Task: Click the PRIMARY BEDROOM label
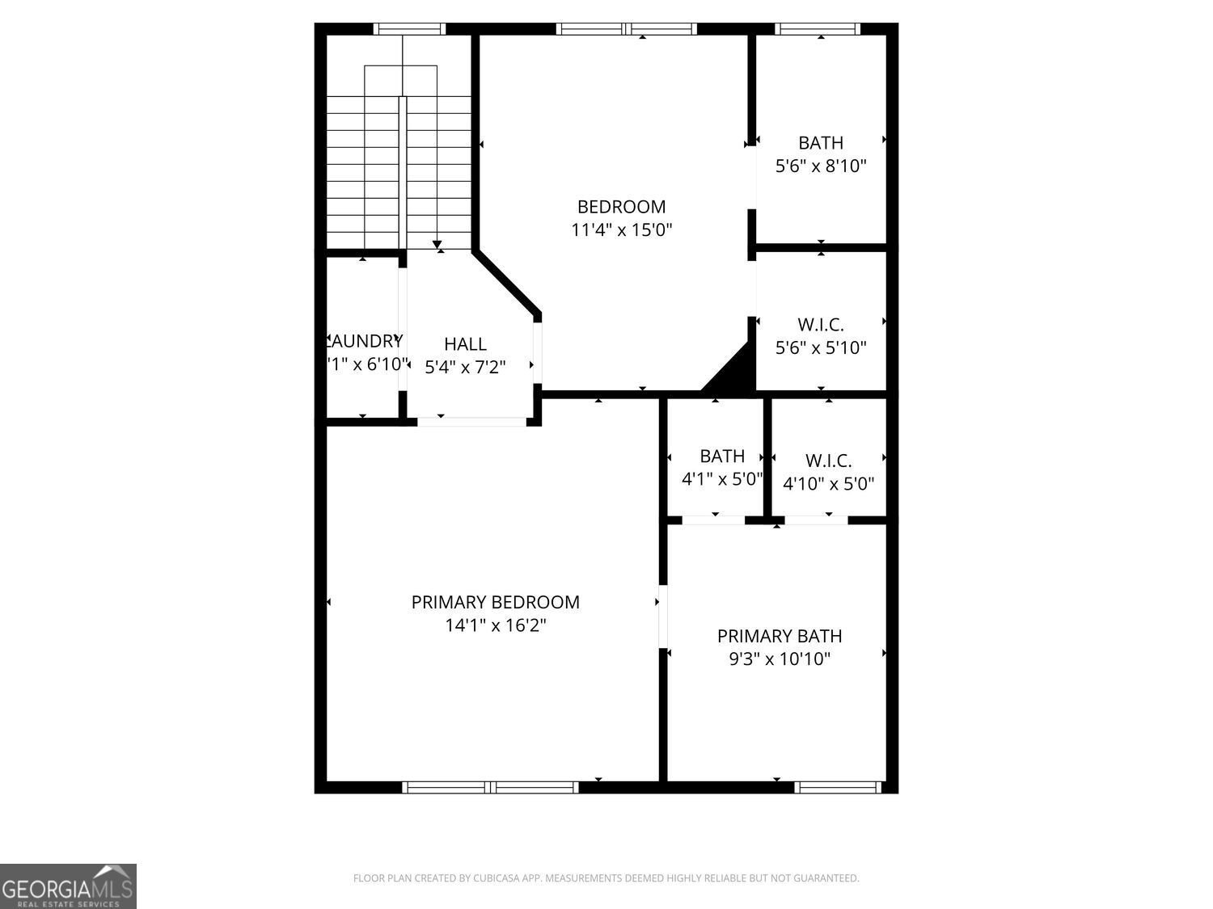(x=495, y=602)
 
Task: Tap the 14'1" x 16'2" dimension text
(x=495, y=625)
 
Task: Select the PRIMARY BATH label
(x=780, y=636)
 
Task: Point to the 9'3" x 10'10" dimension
(x=780, y=659)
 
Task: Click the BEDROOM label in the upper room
(x=621, y=207)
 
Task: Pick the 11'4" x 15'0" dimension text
(x=621, y=230)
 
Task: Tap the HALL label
(x=465, y=344)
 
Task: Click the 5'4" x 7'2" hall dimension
(x=465, y=368)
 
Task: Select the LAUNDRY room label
(x=366, y=341)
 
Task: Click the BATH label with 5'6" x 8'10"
(x=821, y=143)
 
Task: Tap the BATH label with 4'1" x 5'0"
(x=722, y=457)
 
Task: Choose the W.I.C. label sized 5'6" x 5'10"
(x=821, y=325)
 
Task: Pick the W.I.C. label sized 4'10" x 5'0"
(x=828, y=461)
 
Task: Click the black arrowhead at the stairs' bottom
(x=437, y=244)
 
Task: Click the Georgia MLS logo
(x=68, y=886)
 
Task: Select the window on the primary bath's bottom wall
(x=838, y=787)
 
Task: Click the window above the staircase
(x=409, y=29)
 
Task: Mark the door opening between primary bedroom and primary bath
(x=662, y=617)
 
